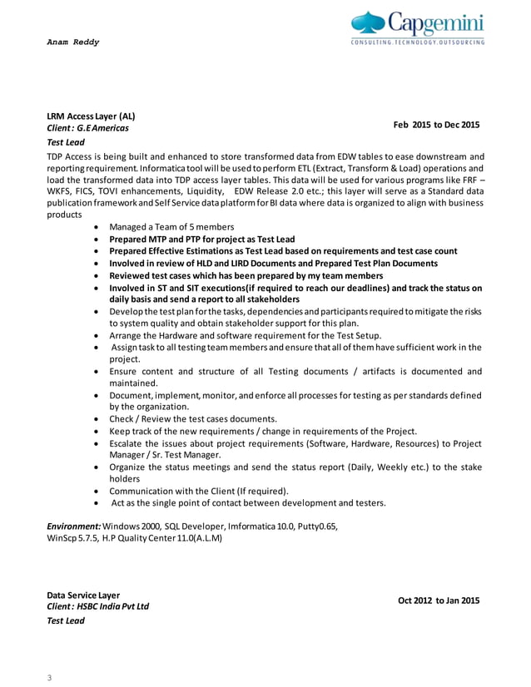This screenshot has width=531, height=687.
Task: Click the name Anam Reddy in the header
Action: tap(72, 42)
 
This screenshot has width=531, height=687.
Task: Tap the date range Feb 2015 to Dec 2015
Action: tap(436, 125)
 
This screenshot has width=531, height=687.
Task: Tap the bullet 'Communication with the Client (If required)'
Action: tap(199, 491)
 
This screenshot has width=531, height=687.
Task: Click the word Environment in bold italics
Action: tap(74, 526)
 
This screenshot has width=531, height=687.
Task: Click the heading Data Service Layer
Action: tap(83, 596)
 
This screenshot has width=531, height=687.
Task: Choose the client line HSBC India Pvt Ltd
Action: tap(98, 607)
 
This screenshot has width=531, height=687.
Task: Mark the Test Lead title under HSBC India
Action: tap(66, 620)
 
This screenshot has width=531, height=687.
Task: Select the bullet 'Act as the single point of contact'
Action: tap(249, 503)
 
